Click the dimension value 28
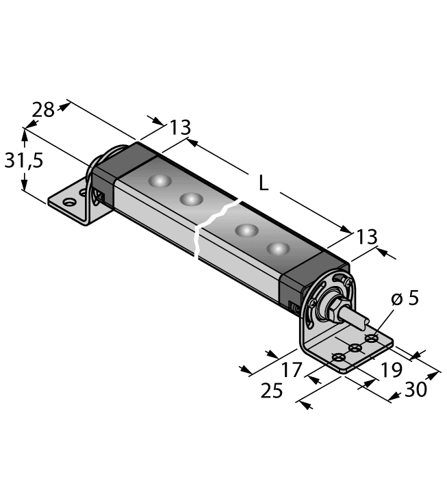pyautogui.click(x=43, y=109)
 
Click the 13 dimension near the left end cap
pyautogui.click(x=180, y=128)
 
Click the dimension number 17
pyautogui.click(x=292, y=370)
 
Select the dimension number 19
pyautogui.click(x=392, y=371)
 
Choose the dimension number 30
pyautogui.click(x=415, y=389)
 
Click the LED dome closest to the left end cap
pyautogui.click(x=159, y=181)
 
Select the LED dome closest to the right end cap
pyautogui.click(x=278, y=248)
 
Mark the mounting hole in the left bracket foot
pyautogui.click(x=68, y=203)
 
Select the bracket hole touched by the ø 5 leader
pyautogui.click(x=372, y=339)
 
